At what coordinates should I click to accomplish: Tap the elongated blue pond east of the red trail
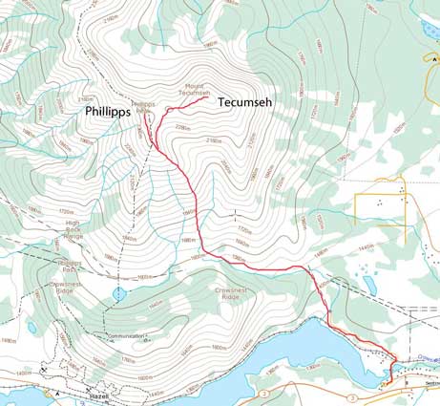click(368, 284)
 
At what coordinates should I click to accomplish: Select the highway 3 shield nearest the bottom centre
click(262, 393)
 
